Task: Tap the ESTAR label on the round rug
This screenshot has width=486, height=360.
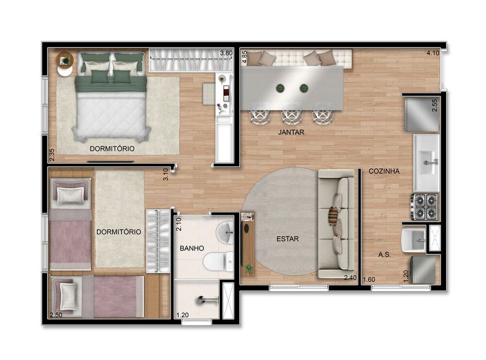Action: click(288, 239)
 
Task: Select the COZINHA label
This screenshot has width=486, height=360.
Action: click(384, 171)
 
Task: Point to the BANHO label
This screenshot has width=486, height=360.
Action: click(192, 248)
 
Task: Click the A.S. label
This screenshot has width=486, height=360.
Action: click(385, 254)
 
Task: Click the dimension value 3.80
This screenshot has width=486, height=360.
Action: click(226, 53)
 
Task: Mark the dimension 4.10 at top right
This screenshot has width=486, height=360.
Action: click(433, 53)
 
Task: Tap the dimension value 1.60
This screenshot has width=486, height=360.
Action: click(369, 279)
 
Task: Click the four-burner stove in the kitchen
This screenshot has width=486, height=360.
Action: click(424, 207)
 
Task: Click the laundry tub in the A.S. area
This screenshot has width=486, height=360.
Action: click(413, 239)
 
